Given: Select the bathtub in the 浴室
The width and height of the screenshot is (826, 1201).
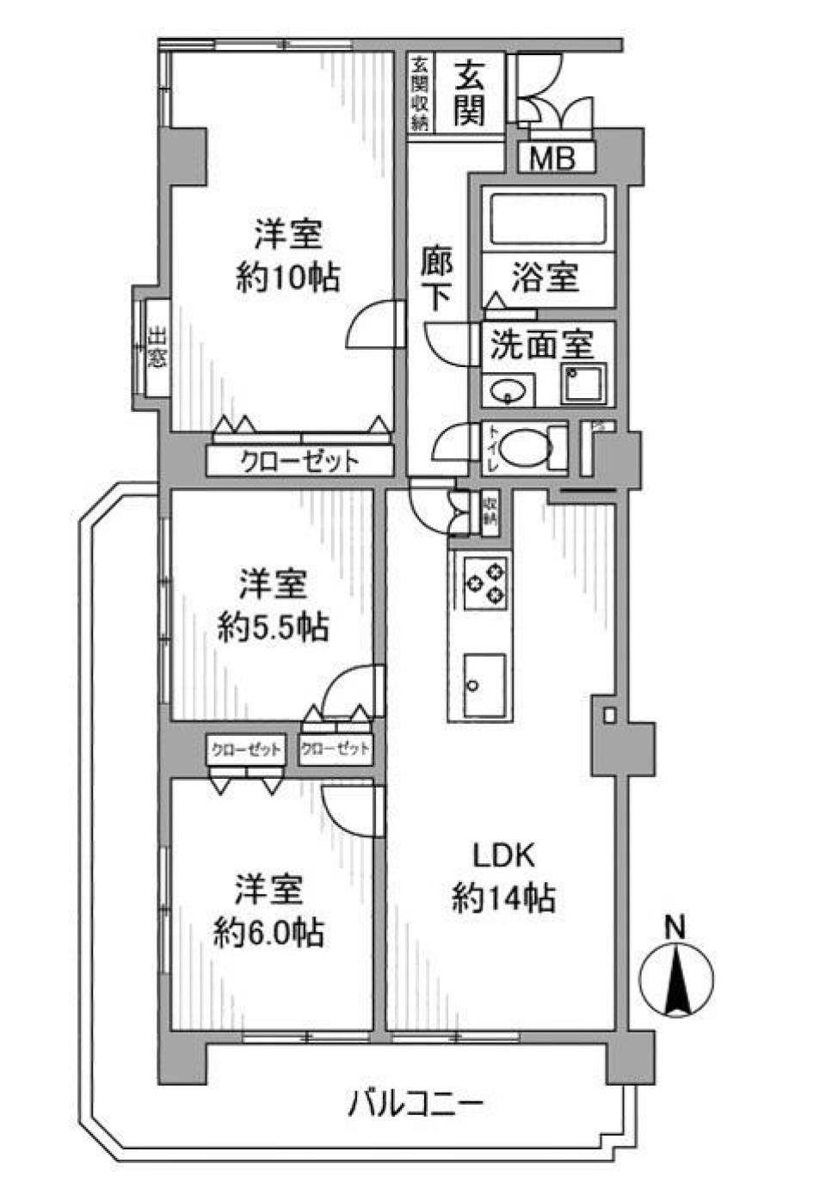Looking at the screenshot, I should pos(548,219).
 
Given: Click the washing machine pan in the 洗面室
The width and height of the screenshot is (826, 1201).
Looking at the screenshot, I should pos(583,383).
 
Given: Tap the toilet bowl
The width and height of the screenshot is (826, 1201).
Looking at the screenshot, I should pos(526,449).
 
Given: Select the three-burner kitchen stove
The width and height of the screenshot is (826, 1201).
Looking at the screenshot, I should pos(486,582).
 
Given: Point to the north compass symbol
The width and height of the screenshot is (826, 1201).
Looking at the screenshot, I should pos(677,977).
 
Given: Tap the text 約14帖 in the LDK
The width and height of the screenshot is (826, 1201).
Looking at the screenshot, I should pos(503,898).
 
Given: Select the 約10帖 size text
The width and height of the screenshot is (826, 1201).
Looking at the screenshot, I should pos(287,277).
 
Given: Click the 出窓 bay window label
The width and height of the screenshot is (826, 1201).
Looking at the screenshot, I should pos(156,346).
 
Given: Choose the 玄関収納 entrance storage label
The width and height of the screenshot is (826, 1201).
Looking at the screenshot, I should pos(420,93).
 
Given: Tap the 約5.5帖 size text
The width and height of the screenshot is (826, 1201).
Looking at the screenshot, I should pos(273,628).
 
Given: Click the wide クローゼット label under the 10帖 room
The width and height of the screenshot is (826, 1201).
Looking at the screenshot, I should pos(299,462).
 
